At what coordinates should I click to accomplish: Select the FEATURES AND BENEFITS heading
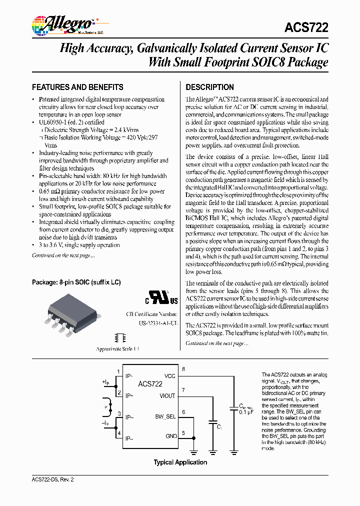click(77, 86)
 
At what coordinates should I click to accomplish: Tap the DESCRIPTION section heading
click(209, 86)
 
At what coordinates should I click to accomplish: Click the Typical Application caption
click(180, 462)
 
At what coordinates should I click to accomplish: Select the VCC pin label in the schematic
click(169, 376)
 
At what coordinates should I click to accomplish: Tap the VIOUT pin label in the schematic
click(167, 395)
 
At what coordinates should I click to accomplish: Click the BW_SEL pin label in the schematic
click(165, 416)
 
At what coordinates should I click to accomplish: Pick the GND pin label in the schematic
click(171, 436)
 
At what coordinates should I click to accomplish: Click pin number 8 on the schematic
click(183, 369)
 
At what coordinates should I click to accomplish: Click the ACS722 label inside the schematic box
click(150, 384)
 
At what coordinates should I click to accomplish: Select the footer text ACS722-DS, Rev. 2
click(53, 479)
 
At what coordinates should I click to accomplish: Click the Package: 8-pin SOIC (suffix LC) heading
click(76, 282)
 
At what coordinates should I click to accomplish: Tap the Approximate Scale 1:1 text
click(117, 348)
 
